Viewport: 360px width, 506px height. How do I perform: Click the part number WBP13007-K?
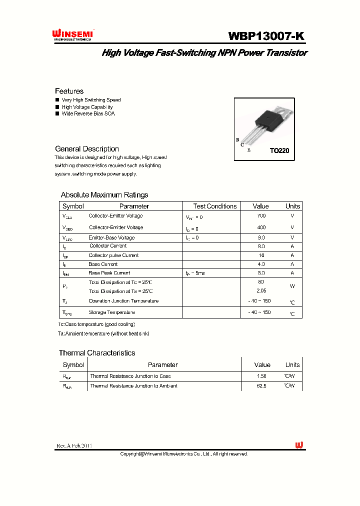265,36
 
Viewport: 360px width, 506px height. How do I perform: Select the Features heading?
69,91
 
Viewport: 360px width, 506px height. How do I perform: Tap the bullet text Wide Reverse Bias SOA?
88,113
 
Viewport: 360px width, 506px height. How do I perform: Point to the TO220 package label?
279,150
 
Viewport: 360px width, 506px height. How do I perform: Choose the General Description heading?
86,149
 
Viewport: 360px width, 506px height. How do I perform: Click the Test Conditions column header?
214,206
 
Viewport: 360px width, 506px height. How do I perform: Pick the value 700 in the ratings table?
260,216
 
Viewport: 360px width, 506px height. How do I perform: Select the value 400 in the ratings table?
260,227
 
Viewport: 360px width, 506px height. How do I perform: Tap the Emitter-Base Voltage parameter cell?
111,238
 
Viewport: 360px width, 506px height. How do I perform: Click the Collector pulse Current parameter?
113,255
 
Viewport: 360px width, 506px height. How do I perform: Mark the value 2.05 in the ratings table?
260,290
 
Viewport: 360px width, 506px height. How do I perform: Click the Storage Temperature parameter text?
111,312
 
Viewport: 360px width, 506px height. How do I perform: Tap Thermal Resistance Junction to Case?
130,376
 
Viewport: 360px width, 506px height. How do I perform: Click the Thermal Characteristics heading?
97,353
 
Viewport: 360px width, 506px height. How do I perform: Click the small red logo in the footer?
299,445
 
